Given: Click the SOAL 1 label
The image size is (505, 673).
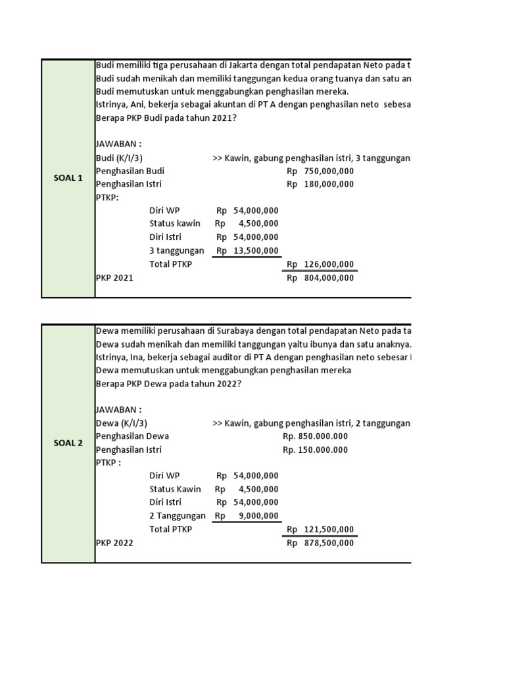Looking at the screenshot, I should pyautogui.click(x=68, y=179).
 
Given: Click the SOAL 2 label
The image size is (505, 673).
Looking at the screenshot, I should pyautogui.click(x=68, y=443).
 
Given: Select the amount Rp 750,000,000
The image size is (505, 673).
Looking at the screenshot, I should pyautogui.click(x=321, y=171).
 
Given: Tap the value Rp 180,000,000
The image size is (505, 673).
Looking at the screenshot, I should pyautogui.click(x=321, y=184).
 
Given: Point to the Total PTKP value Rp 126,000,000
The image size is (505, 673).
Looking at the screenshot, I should pyautogui.click(x=321, y=264).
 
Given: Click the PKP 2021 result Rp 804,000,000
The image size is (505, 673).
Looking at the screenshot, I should pyautogui.click(x=321, y=278).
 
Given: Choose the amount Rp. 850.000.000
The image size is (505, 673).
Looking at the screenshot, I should pyautogui.click(x=315, y=436).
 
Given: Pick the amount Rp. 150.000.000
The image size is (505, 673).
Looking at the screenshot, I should pyautogui.click(x=315, y=450).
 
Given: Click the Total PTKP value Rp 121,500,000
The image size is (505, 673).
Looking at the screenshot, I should pyautogui.click(x=321, y=530).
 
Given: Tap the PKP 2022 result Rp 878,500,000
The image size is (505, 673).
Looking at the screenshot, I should pyautogui.click(x=321, y=543).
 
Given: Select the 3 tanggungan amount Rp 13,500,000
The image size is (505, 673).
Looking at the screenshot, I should pyautogui.click(x=248, y=250).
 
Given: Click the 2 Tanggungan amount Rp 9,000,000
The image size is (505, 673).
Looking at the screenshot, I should pyautogui.click(x=248, y=516).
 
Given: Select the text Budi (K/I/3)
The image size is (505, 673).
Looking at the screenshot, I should pyautogui.click(x=119, y=158).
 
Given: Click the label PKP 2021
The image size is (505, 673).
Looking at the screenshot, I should pyautogui.click(x=114, y=278).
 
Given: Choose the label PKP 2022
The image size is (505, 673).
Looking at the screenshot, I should pyautogui.click(x=114, y=543).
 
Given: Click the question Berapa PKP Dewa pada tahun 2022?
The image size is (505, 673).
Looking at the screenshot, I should pyautogui.click(x=168, y=384).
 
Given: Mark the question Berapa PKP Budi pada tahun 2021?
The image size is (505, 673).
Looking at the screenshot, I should pyautogui.click(x=167, y=118).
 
